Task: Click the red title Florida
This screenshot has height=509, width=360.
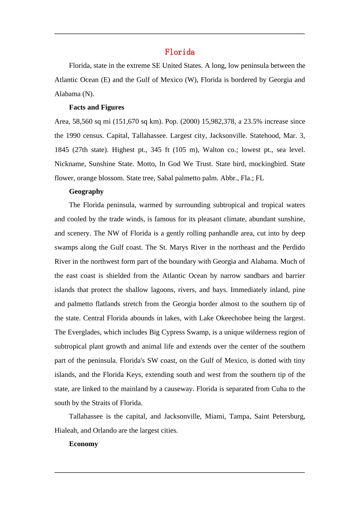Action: coord(180,52)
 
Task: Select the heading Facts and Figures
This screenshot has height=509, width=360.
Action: coord(96,107)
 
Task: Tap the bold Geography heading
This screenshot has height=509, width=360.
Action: coord(86,191)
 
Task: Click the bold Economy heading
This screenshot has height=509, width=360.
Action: coord(83,444)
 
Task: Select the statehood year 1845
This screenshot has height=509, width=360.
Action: coord(61,150)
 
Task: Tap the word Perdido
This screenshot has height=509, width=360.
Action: coord(293,247)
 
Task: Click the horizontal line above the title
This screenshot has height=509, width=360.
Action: coord(180,34)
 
